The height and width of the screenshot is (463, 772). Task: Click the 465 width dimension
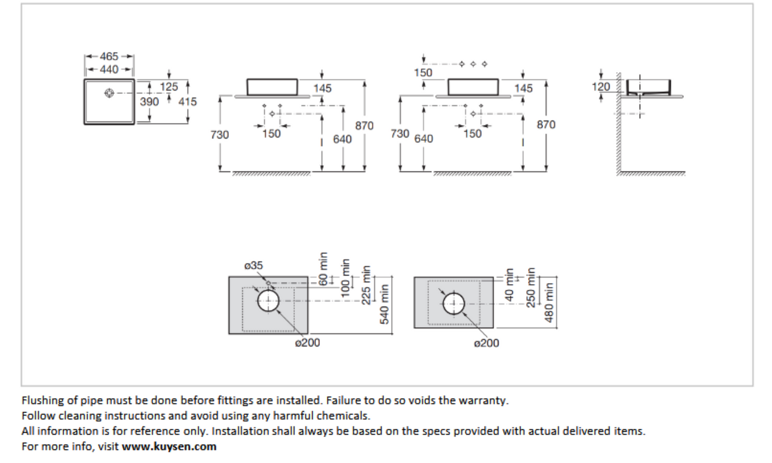click(109, 56)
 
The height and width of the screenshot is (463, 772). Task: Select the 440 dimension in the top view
click(109, 70)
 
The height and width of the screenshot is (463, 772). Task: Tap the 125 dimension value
click(169, 87)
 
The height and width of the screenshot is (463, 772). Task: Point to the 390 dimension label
click(150, 101)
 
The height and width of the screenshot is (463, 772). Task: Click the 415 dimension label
click(188, 101)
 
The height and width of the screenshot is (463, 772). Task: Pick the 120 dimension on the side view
click(601, 87)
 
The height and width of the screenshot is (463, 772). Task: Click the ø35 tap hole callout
click(253, 265)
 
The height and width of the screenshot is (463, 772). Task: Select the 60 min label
click(323, 268)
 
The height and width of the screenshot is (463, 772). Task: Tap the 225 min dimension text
click(366, 285)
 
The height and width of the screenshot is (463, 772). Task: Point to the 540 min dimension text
click(384, 304)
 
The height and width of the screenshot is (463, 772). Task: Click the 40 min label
click(509, 284)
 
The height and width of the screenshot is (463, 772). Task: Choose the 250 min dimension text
click(531, 288)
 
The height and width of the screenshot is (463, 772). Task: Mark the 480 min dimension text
click(549, 303)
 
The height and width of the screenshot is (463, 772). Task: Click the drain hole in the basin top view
click(110, 93)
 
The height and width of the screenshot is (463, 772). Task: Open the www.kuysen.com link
click(169, 446)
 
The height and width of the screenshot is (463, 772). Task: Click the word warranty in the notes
click(484, 400)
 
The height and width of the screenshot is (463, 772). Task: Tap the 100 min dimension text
click(346, 278)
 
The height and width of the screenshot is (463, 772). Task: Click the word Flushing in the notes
click(43, 400)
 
